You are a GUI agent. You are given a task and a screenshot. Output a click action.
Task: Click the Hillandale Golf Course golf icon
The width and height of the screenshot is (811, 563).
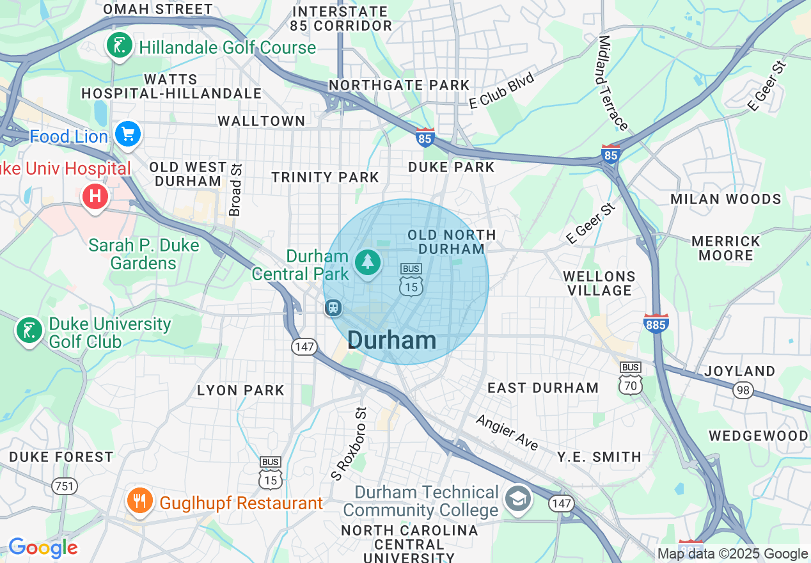120,46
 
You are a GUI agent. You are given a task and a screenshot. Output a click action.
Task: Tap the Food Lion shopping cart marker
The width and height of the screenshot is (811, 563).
128,134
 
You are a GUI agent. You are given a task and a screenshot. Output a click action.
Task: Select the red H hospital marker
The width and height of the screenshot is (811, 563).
95,196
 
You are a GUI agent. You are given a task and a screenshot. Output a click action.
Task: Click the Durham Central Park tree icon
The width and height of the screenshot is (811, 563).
368,262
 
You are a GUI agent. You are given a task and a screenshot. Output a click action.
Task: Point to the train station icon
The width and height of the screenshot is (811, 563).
333,308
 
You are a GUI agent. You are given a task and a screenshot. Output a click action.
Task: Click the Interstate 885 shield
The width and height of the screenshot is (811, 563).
656,323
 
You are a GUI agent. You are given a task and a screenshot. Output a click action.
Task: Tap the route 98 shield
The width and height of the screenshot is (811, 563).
743,390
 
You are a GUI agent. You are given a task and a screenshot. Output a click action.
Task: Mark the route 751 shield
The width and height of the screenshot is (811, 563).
64,486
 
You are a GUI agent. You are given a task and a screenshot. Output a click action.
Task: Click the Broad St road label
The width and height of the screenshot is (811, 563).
236,189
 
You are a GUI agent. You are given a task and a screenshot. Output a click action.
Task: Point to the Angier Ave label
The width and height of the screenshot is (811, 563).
507,432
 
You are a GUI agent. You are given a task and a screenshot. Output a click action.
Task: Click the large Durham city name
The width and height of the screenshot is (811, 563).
391,340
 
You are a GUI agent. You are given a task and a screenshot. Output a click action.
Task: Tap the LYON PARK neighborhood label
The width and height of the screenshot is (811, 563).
240,390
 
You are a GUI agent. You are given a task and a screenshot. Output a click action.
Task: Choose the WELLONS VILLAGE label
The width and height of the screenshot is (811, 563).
599,283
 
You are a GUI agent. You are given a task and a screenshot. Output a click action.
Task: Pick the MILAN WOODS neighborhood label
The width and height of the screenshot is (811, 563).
725,199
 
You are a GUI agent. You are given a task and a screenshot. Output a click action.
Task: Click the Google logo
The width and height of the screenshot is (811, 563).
43,548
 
